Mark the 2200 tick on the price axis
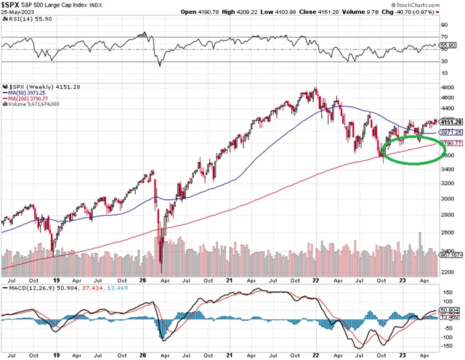click(450, 271)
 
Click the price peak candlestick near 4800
click(315, 90)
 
